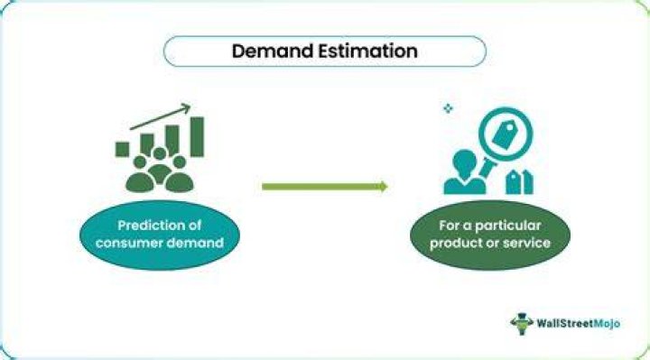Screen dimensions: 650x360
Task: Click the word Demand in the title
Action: pyautogui.click(x=272, y=51)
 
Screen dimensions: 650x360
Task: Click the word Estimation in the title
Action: pyautogui.click(x=367, y=51)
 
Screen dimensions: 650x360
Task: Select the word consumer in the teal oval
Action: pyautogui.click(x=123, y=243)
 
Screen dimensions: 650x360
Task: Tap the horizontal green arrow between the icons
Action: pyautogui.click(x=325, y=187)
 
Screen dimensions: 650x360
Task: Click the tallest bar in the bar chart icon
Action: pyautogui.click(x=197, y=137)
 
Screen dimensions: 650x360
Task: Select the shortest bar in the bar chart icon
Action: pyautogui.click(x=122, y=149)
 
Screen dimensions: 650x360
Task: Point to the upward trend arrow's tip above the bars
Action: pyautogui.click(x=190, y=106)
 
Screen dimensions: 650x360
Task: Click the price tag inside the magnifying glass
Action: pyautogui.click(x=505, y=134)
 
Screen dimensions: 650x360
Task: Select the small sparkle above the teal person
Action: pyautogui.click(x=448, y=108)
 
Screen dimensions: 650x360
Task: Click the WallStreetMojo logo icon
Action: pyautogui.click(x=522, y=324)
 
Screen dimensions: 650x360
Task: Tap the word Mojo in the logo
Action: pyautogui.click(x=607, y=324)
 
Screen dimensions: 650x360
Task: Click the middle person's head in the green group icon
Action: pyautogui.click(x=160, y=153)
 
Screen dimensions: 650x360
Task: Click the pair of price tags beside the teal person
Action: pyautogui.click(x=519, y=182)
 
